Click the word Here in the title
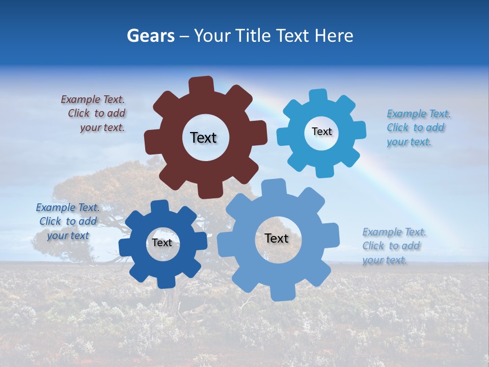point(334,36)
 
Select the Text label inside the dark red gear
point(203,138)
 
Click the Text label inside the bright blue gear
point(321,132)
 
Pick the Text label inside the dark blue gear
point(162,243)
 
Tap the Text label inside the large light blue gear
point(277,238)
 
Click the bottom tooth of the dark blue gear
point(166,281)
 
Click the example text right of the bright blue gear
point(417,128)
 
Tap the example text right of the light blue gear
point(393,246)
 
